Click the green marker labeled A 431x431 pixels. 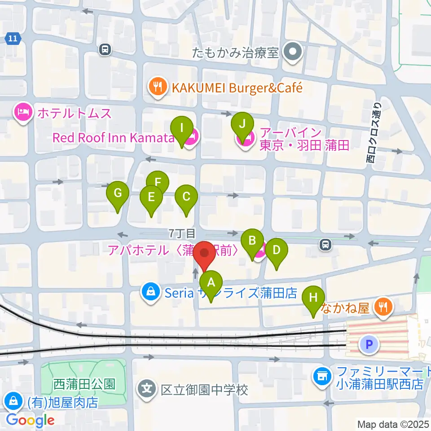click(x=211, y=284)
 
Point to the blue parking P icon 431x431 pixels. click(x=369, y=344)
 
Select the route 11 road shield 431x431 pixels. click(x=13, y=39)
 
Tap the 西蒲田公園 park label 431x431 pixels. click(x=84, y=384)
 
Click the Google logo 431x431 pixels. click(x=30, y=420)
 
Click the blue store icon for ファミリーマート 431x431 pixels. click(x=322, y=378)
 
